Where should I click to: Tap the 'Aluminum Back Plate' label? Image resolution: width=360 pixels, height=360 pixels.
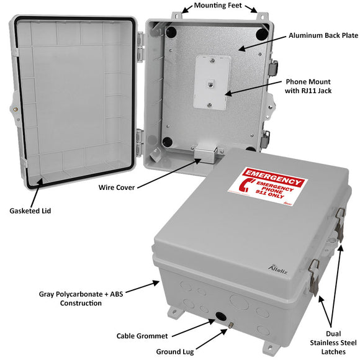point(323,35)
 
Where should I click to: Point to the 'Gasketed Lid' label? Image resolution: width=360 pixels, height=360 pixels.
point(30,211)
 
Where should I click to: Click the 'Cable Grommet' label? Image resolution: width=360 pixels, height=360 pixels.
point(142,336)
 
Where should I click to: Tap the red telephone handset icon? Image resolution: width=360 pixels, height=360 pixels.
point(245,187)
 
